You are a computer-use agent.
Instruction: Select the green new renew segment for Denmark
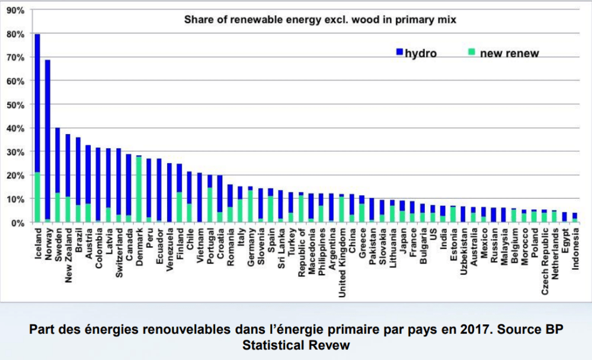pyautogui.click(x=139, y=190)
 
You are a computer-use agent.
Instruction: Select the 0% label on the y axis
pyautogui.click(x=18, y=222)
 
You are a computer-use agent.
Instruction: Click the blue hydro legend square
pyautogui.click(x=399, y=53)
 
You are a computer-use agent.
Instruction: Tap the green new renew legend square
pyautogui.click(x=471, y=53)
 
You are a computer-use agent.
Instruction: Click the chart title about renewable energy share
pyautogui.click(x=320, y=20)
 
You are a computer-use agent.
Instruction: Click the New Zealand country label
pyautogui.click(x=68, y=255)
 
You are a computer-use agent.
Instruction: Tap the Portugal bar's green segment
pyautogui.click(x=210, y=205)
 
